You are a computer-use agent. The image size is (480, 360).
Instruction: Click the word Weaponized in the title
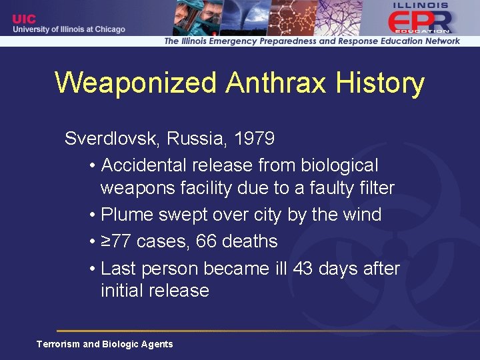136,83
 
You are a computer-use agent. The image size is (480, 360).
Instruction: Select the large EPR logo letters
419,21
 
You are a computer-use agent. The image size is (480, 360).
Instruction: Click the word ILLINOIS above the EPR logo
421,5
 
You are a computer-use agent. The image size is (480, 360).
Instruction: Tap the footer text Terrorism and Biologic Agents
105,344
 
